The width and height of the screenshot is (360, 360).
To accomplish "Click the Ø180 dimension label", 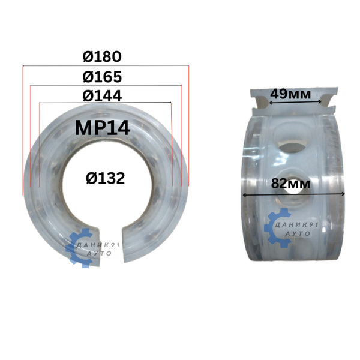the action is point(102,56).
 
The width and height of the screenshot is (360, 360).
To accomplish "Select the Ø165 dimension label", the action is point(102,77).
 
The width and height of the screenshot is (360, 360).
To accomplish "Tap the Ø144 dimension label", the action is point(102,96).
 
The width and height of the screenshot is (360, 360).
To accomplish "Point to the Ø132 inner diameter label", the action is point(106,178).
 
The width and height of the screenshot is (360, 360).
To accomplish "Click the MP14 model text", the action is point(103,128).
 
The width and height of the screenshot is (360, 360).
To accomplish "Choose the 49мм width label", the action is point(290,94).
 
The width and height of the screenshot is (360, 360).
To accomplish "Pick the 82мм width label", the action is point(290,184).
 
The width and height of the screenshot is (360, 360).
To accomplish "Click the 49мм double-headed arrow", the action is point(295,102).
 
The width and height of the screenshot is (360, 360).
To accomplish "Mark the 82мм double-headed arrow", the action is point(293,194).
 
